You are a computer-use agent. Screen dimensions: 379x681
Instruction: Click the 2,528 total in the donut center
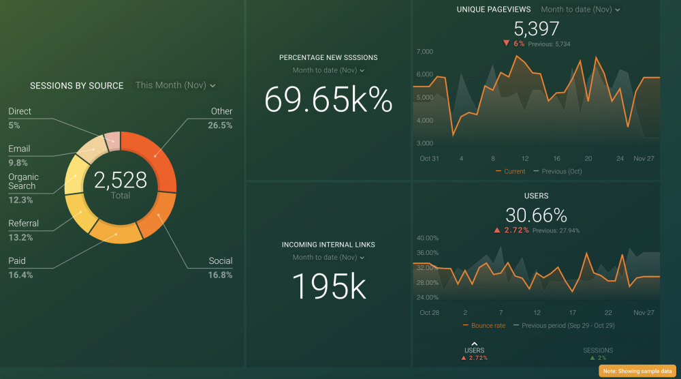(121, 181)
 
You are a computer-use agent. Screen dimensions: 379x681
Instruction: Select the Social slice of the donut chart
(157, 216)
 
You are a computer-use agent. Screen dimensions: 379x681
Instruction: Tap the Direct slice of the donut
(112, 139)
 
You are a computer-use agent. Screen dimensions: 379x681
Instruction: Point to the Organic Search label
(23, 181)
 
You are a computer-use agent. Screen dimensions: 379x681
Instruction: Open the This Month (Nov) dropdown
(175, 85)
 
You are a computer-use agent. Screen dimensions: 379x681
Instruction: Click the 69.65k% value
(328, 100)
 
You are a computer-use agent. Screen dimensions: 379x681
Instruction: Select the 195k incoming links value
(328, 286)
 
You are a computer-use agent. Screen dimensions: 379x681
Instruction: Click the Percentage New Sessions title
(328, 58)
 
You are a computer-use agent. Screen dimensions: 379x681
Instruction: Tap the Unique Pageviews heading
(494, 10)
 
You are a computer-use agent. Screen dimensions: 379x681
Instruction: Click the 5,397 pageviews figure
(537, 29)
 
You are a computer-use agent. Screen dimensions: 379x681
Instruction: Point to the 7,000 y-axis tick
(424, 52)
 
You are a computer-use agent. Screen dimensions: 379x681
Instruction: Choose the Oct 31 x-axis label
(429, 158)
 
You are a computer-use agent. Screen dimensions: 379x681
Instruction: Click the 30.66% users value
(537, 215)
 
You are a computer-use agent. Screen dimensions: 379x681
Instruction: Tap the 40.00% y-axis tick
(428, 239)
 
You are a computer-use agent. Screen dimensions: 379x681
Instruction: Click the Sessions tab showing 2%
(598, 353)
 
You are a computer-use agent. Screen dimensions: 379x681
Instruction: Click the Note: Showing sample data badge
(637, 371)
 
